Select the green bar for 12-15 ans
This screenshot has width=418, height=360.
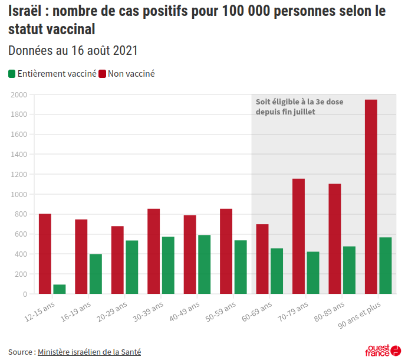tap(60, 289)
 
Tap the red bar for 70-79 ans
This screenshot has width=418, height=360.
tap(298, 236)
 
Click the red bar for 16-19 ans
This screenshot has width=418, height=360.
tap(81, 257)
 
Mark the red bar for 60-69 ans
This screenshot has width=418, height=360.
tap(262, 259)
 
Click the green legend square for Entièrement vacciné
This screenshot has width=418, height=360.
tap(12, 74)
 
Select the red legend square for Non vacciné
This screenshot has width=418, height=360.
tap(102, 74)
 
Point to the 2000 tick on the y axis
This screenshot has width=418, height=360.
tap(19, 94)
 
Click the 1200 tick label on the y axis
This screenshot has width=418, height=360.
tap(19, 174)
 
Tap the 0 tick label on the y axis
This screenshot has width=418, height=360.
tap(24, 294)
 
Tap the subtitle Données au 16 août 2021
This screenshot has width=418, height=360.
tap(73, 51)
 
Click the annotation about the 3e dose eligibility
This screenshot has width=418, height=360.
tap(299, 106)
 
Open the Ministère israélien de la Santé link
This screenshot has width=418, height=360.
tap(89, 352)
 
